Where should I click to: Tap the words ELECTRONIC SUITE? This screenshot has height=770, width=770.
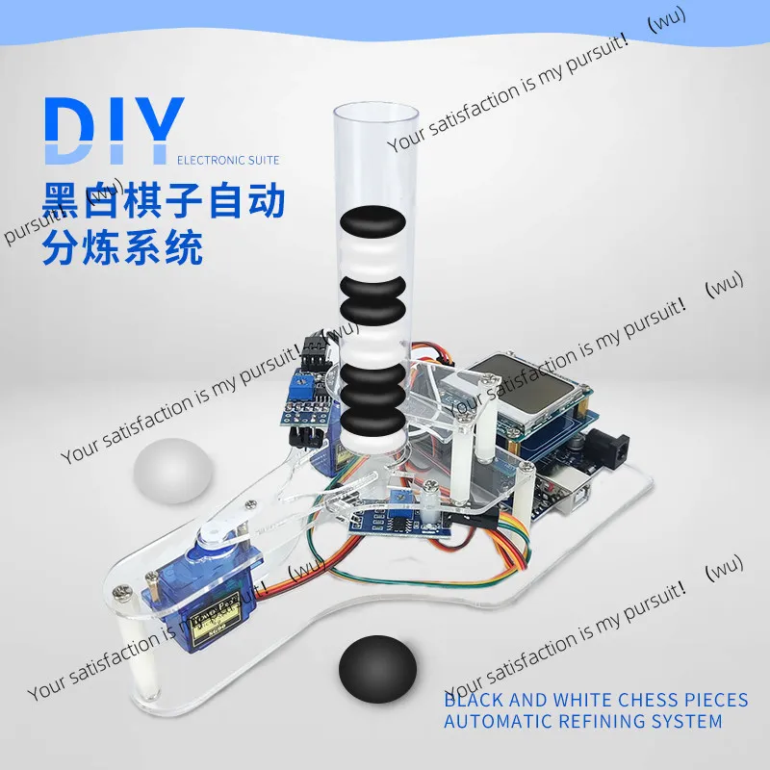[228, 159]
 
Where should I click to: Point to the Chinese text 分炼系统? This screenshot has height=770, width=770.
[124, 248]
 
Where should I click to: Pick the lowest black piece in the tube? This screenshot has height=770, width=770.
[373, 422]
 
